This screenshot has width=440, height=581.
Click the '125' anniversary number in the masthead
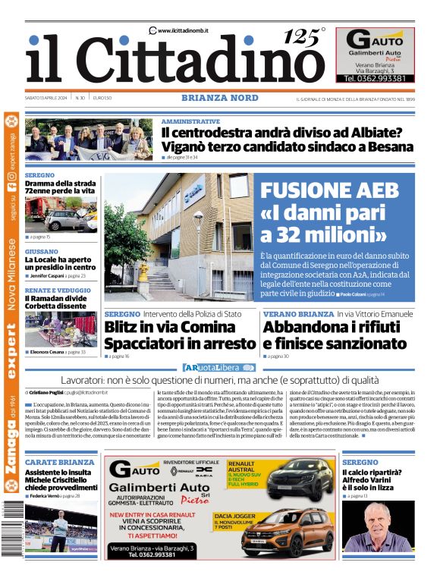pos(302,36)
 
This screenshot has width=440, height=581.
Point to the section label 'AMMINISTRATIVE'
pos(190,121)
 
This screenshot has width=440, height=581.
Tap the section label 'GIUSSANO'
pos(41,251)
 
